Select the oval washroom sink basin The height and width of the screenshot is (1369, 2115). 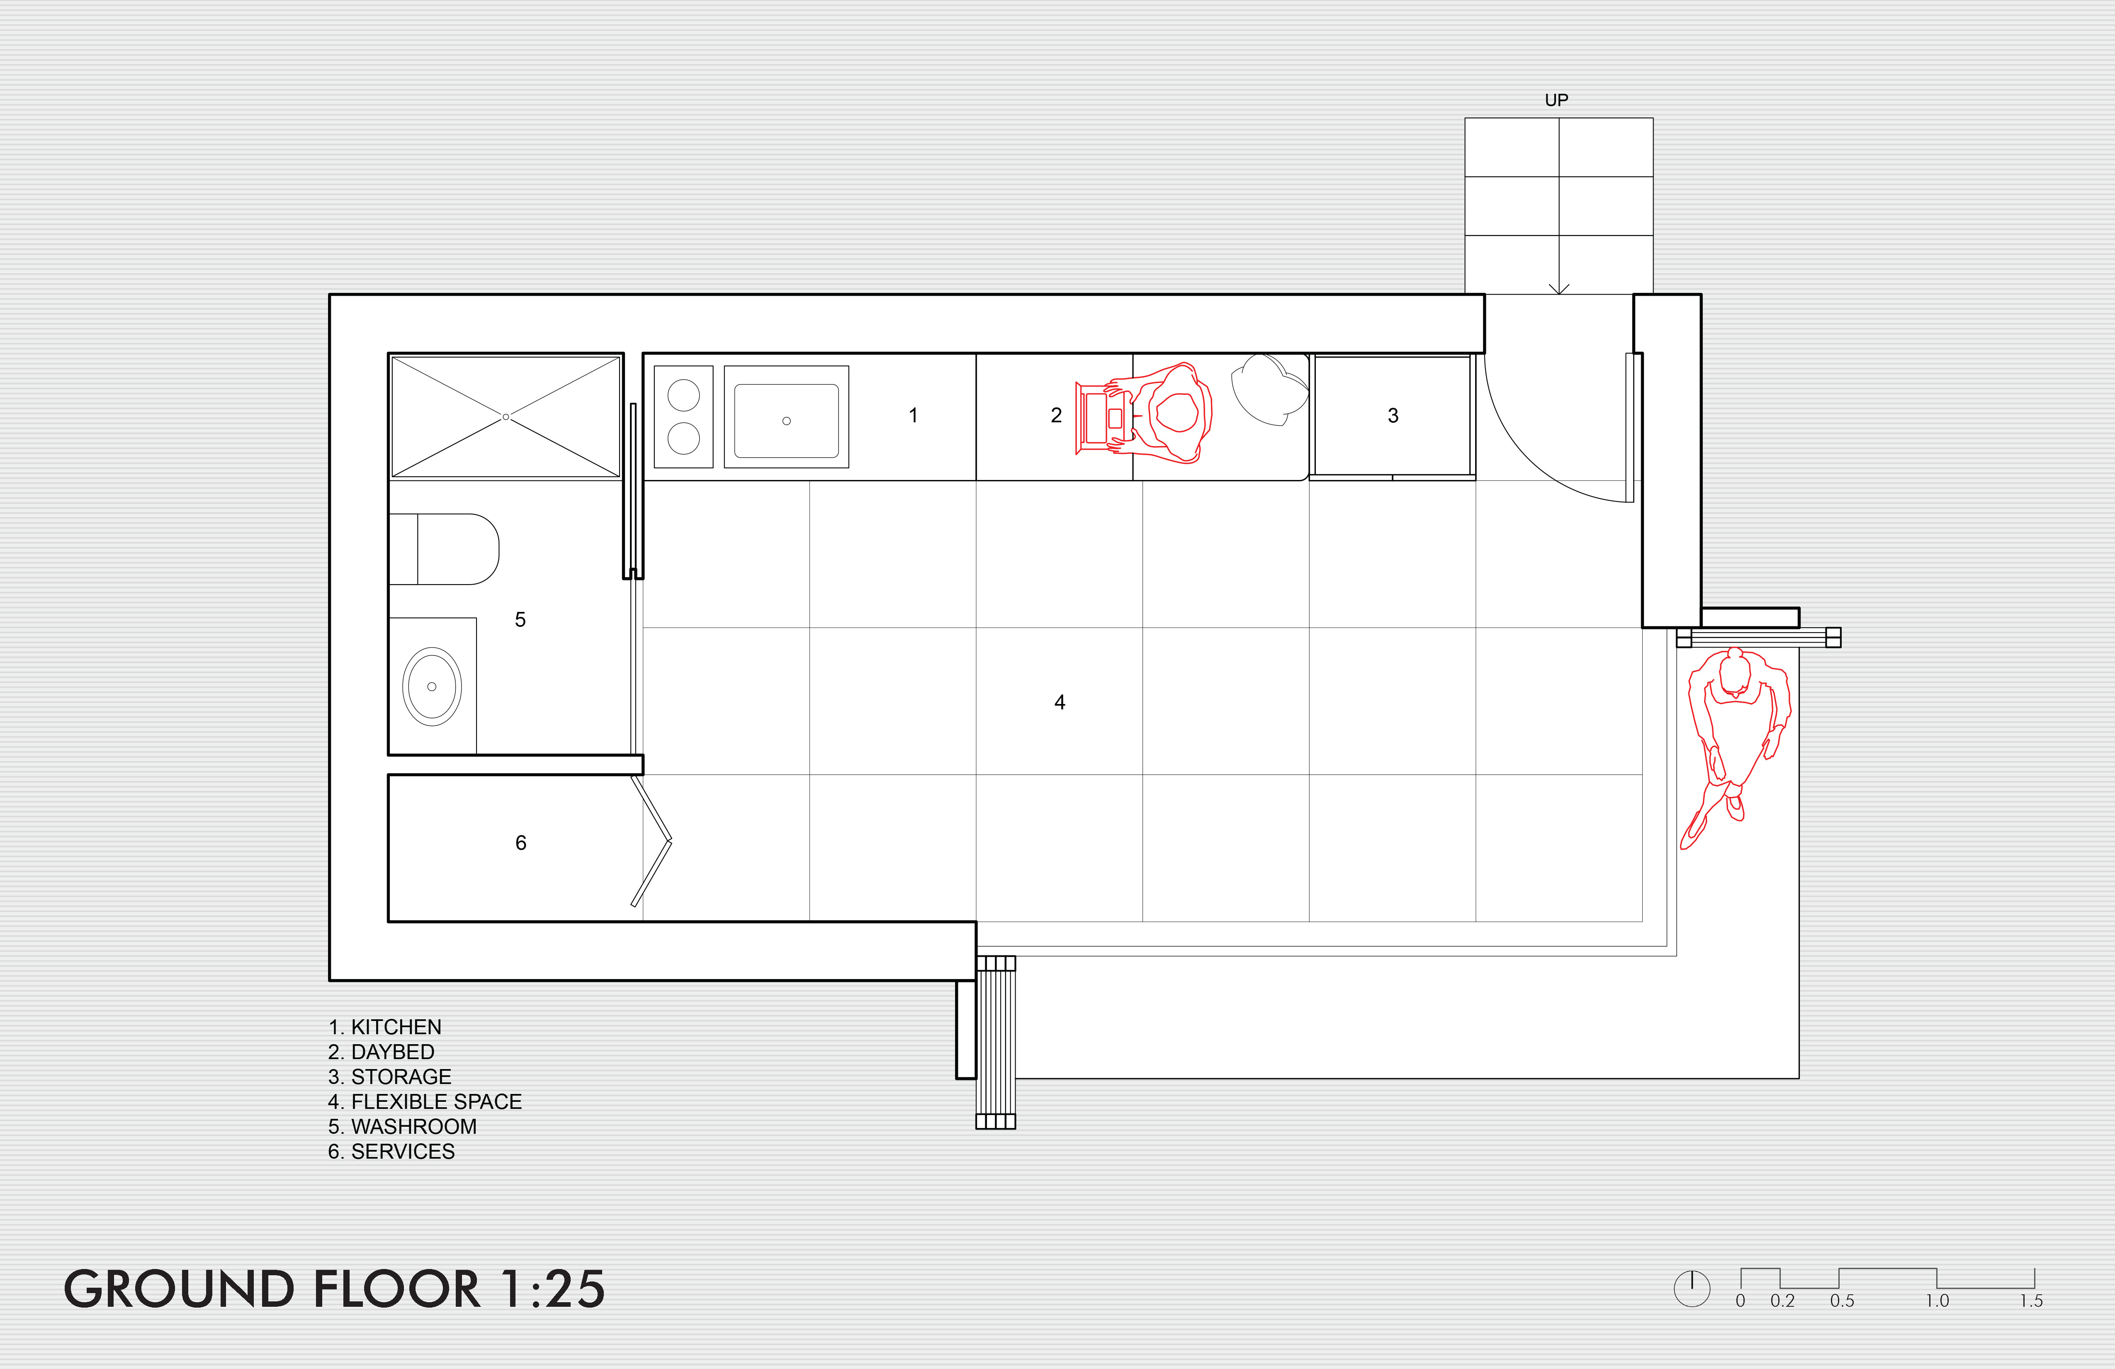432,686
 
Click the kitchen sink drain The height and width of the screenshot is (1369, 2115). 786,421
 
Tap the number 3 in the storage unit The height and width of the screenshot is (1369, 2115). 1393,415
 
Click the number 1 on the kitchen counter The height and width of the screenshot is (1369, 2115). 913,415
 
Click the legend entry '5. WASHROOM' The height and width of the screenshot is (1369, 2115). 403,1126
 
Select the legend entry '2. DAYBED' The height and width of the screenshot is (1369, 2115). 381,1052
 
